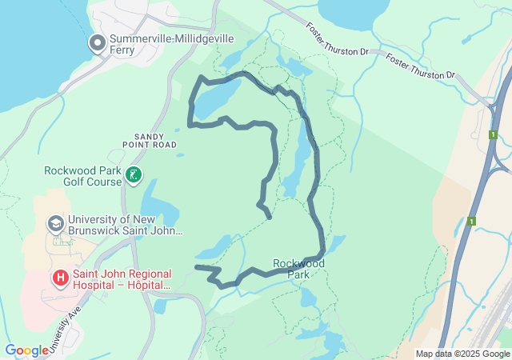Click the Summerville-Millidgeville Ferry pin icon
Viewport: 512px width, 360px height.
click(x=98, y=42)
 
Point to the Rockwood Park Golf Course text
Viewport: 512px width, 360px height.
click(x=82, y=176)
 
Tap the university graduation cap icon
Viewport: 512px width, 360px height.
click(x=56, y=222)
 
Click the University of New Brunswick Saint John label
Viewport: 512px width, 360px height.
click(x=126, y=225)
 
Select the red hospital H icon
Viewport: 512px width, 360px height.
click(x=60, y=278)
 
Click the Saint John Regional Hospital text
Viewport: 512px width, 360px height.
click(x=122, y=278)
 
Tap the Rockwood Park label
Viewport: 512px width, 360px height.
click(x=298, y=268)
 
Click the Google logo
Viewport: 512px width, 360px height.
click(x=26, y=350)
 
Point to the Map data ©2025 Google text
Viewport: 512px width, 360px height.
click(x=462, y=354)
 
